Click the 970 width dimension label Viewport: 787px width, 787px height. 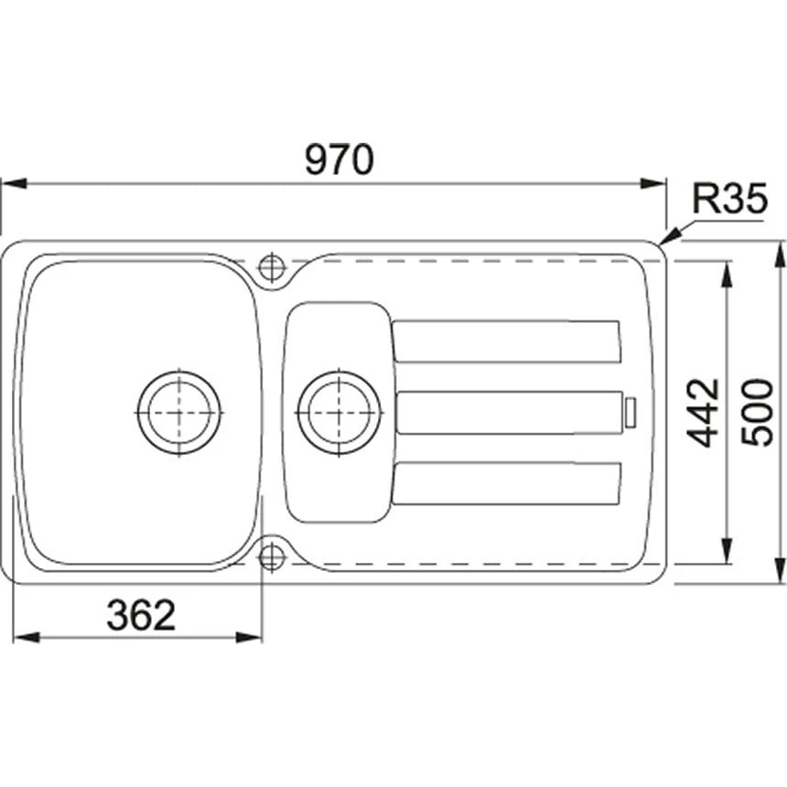[340, 160]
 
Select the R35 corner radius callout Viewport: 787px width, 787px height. [728, 199]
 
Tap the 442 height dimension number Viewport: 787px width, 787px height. [705, 413]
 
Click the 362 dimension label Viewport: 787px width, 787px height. [140, 616]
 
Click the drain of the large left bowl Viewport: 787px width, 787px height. [179, 412]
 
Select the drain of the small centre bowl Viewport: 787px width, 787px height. [340, 412]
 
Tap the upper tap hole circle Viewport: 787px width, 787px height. [272, 266]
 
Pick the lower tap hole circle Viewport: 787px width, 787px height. [272, 556]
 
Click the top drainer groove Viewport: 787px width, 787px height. [507, 340]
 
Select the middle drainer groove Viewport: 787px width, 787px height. [509, 412]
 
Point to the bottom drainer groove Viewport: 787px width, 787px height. [507, 483]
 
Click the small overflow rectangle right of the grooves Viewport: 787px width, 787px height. [630, 412]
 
